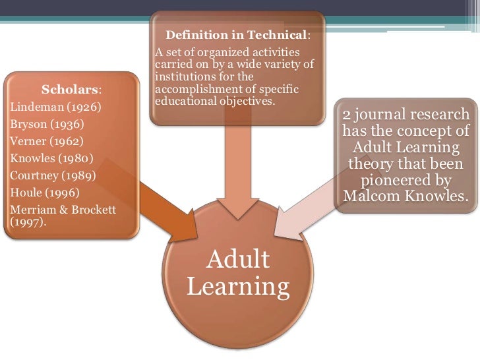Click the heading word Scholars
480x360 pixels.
pyautogui.click(x=71, y=89)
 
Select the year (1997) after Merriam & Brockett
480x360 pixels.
pyautogui.click(x=26, y=222)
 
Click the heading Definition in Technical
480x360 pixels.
pyautogui.click(x=235, y=34)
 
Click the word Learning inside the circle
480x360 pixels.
pyautogui.click(x=238, y=287)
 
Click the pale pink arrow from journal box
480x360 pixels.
pyautogui.click(x=303, y=211)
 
